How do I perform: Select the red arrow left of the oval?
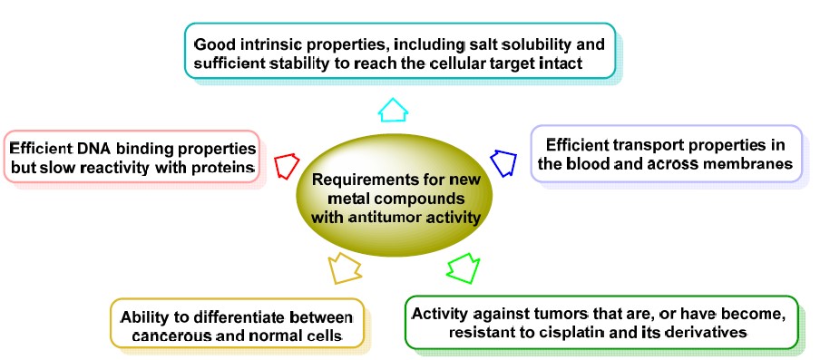286,166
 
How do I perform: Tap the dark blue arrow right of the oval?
503,163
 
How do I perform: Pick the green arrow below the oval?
464,268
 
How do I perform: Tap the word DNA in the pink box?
93,149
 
